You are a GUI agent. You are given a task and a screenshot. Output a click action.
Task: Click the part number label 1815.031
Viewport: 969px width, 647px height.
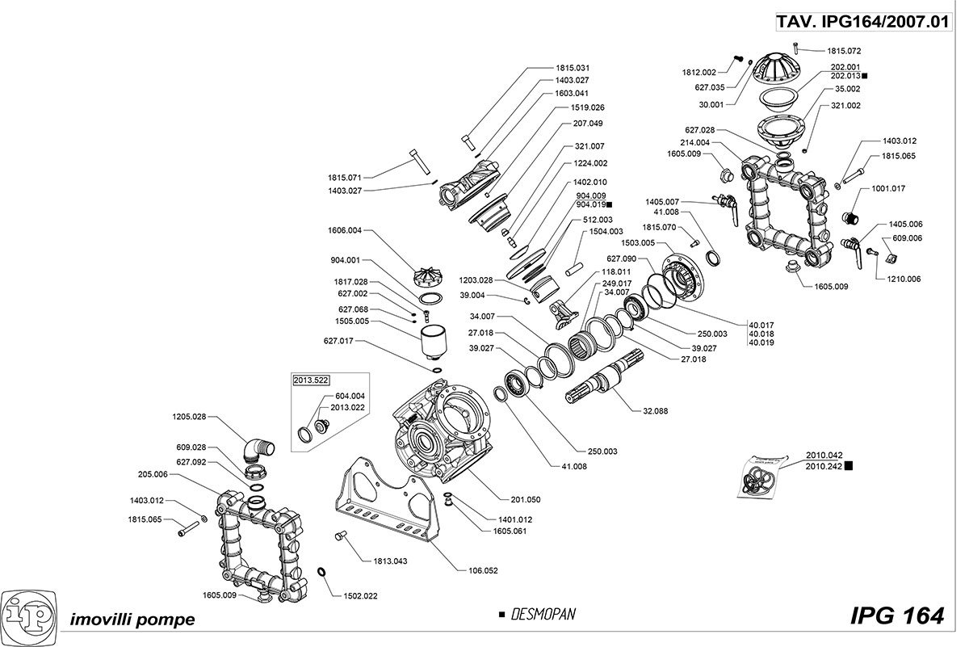coord(573,67)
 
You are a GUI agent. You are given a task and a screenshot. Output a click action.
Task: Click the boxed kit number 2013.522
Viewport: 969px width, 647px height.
coord(312,380)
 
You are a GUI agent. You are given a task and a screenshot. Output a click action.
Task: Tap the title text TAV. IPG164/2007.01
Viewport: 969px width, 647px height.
coord(862,23)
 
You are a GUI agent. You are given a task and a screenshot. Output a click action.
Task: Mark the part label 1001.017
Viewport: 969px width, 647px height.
coord(888,188)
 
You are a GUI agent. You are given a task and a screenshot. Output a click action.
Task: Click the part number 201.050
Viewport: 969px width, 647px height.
coord(526,499)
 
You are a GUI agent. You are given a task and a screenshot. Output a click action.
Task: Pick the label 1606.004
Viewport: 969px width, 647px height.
coord(346,231)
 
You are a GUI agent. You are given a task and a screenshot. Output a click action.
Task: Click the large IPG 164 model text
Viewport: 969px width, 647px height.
coord(896,615)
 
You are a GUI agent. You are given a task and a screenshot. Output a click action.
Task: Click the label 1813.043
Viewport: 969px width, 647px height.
coord(390,561)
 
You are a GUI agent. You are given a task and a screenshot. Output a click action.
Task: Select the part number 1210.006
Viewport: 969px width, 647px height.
coord(904,278)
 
